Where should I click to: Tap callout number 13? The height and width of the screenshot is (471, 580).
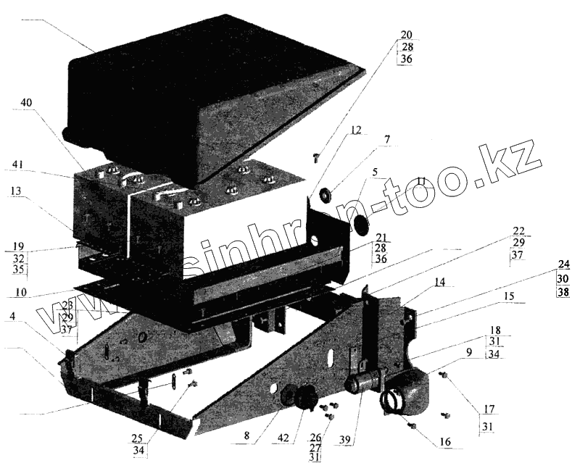pos(16,191)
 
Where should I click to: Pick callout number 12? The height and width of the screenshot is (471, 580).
pos(355,130)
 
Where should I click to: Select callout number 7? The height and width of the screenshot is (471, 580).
pos(387,138)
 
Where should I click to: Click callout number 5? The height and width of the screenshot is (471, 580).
pos(376,172)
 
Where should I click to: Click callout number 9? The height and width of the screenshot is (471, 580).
pos(469,353)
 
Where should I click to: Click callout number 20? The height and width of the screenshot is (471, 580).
pos(406,35)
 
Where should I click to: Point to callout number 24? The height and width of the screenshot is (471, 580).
pos(564,264)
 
